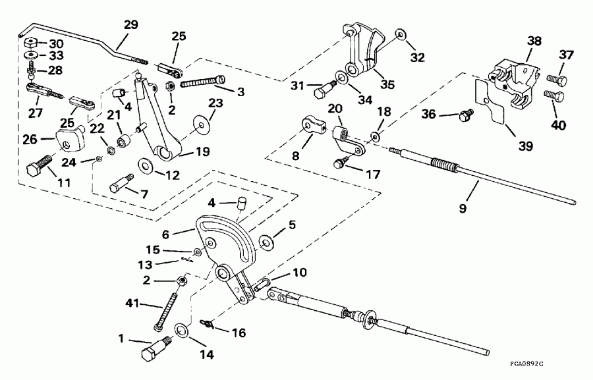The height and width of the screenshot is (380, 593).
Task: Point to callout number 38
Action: [x=533, y=40]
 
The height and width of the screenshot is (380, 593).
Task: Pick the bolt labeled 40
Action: [x=554, y=97]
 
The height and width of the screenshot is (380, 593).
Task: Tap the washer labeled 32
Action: [x=401, y=34]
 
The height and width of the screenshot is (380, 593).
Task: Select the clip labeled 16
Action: [x=208, y=323]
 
